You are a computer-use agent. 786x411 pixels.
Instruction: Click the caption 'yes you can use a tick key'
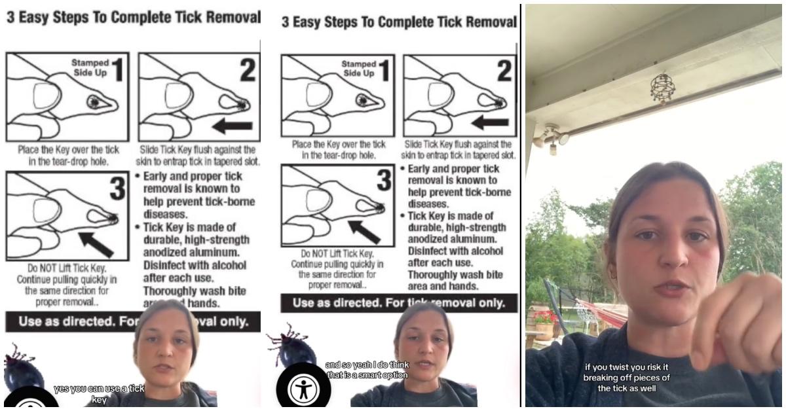click(x=99, y=393)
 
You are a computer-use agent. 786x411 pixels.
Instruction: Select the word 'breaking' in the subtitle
click(x=605, y=378)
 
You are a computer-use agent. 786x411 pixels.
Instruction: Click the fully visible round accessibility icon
click(x=303, y=389)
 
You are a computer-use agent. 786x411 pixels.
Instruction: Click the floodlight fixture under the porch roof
click(x=551, y=137)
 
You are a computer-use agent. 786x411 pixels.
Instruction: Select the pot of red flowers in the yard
click(x=544, y=322)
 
